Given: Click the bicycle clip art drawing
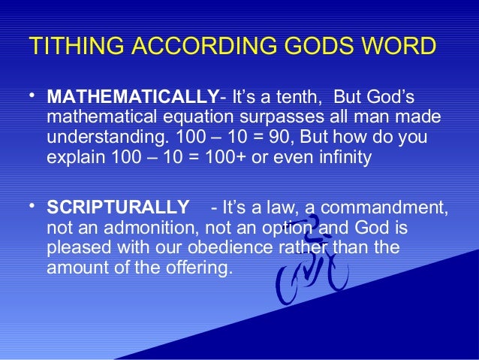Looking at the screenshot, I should pyautogui.click(x=315, y=263).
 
